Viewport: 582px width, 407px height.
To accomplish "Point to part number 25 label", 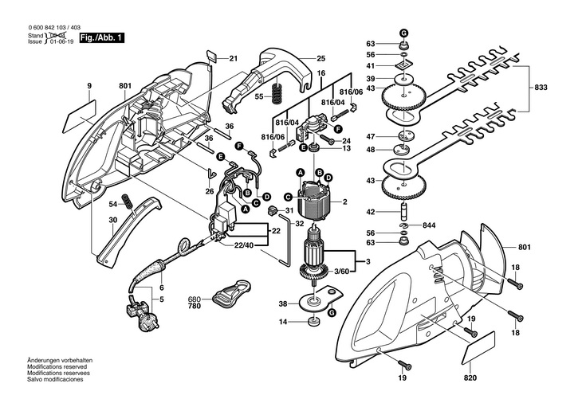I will tap(321, 58).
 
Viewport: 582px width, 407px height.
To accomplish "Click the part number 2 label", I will tap(344, 203).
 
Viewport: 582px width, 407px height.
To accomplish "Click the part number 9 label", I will tap(89, 85).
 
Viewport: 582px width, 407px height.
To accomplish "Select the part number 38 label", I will tap(283, 303).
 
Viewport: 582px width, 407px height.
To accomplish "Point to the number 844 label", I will tap(430, 224).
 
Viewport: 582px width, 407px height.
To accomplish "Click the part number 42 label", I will tap(371, 211).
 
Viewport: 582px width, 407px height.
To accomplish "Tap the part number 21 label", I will tap(234, 58).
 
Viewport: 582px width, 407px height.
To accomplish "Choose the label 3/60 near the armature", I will tap(341, 272).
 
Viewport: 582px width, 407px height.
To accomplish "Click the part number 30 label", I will tap(112, 219).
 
